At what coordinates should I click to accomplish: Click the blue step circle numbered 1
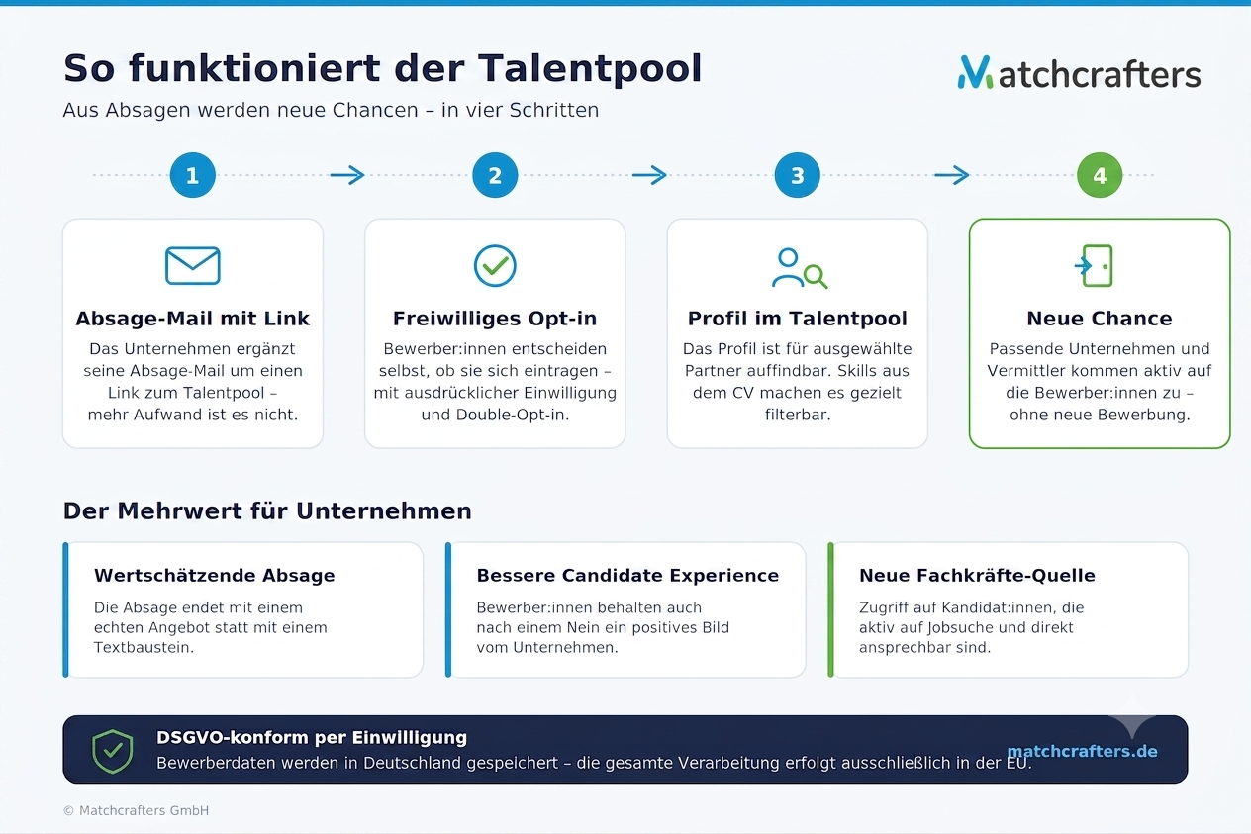193,175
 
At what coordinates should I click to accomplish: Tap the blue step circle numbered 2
495,175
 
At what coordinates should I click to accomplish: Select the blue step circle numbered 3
797,175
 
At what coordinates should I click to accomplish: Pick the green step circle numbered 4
1100,175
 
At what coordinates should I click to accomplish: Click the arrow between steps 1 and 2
347,175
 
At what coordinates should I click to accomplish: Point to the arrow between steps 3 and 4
952,175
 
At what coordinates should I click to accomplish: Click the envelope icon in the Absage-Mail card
193,266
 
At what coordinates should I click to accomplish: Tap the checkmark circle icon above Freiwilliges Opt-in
495,266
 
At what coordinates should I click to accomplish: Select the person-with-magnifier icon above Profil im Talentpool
800,268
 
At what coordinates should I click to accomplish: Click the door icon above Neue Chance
1095,266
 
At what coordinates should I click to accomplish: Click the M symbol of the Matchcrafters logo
975,72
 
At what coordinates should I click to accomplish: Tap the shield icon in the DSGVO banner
112,751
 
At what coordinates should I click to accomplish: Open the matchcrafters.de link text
1082,751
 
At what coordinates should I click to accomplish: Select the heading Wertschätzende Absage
215,576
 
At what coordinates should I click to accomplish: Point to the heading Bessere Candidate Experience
627,576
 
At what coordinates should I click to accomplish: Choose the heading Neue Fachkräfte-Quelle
977,576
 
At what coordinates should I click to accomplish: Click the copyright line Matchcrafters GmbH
136,810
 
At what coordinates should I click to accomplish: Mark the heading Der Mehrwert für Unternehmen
267,511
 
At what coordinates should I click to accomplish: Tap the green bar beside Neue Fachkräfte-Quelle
830,609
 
